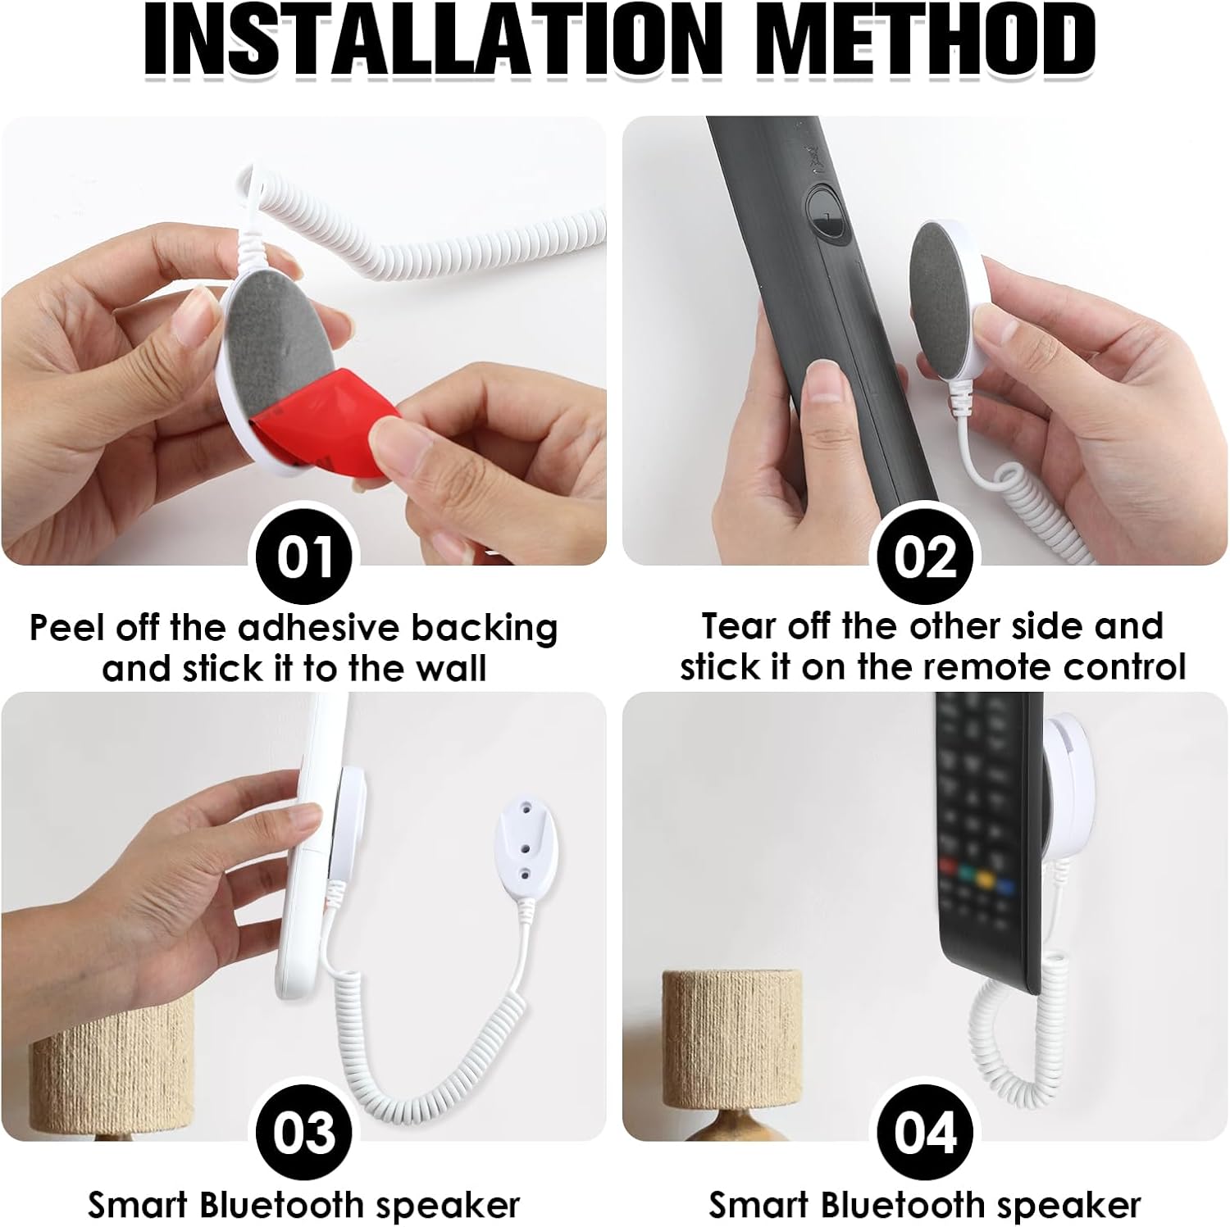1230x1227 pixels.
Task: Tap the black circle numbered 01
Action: pyautogui.click(x=304, y=557)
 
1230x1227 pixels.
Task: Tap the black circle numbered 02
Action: pyautogui.click(x=925, y=557)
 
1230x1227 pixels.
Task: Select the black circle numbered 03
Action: pyautogui.click(x=304, y=1133)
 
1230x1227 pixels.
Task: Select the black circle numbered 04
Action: pyautogui.click(x=925, y=1133)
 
